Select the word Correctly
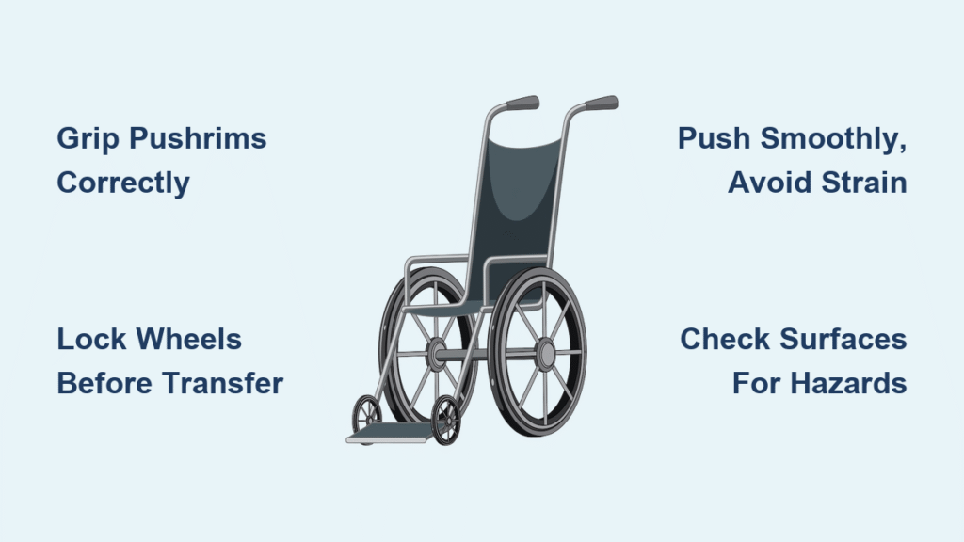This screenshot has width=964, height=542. tap(123, 183)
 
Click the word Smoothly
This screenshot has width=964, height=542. tap(833, 139)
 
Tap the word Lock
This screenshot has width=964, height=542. tap(91, 339)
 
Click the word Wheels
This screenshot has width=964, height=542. tap(188, 339)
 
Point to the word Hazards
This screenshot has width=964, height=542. tap(849, 384)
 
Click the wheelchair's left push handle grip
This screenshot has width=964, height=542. tap(522, 103)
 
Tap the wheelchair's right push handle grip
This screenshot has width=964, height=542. tap(602, 103)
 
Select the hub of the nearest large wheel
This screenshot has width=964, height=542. tap(545, 354)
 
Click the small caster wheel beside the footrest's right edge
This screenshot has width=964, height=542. tap(445, 420)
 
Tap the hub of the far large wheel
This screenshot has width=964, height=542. tap(437, 354)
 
